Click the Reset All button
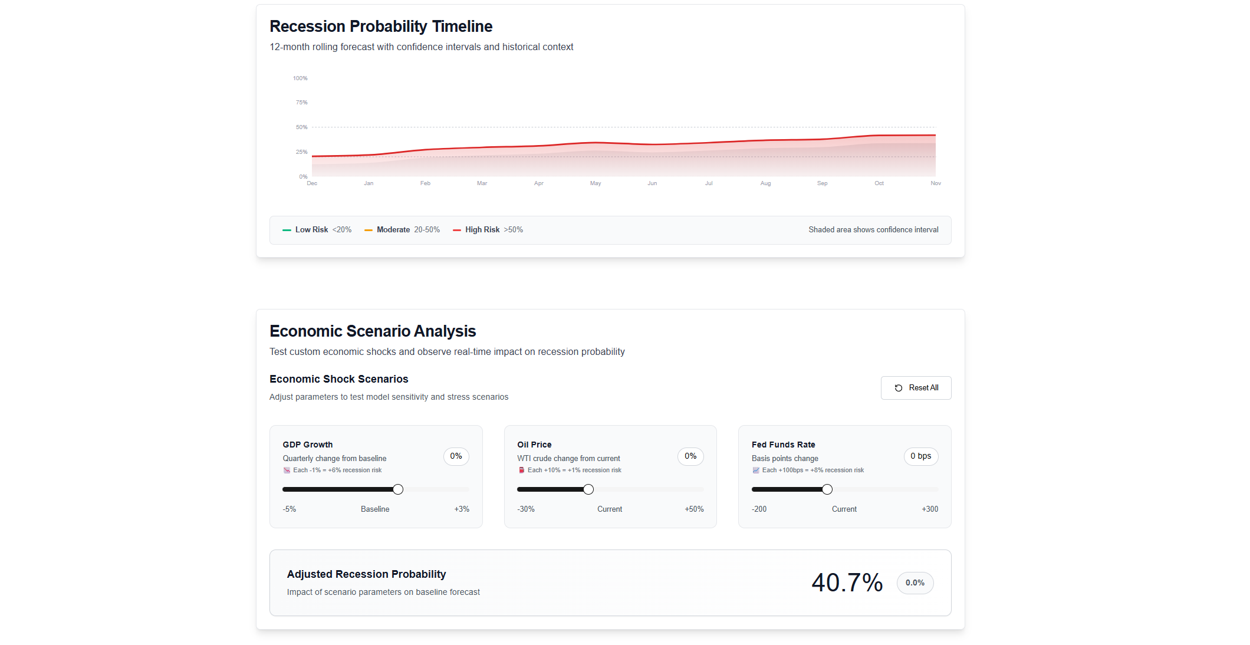916,388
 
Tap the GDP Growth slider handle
398,489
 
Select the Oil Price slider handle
588,489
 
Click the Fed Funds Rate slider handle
827,489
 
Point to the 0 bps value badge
920,456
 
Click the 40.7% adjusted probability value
847,583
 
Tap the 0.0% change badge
915,583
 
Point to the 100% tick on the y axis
300,78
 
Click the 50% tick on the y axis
301,127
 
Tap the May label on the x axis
596,183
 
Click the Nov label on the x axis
936,183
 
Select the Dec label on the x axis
312,183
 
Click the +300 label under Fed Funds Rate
930,509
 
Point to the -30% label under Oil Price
526,509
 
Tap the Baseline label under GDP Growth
375,509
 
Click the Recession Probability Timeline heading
381,27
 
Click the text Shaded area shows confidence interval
873,230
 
